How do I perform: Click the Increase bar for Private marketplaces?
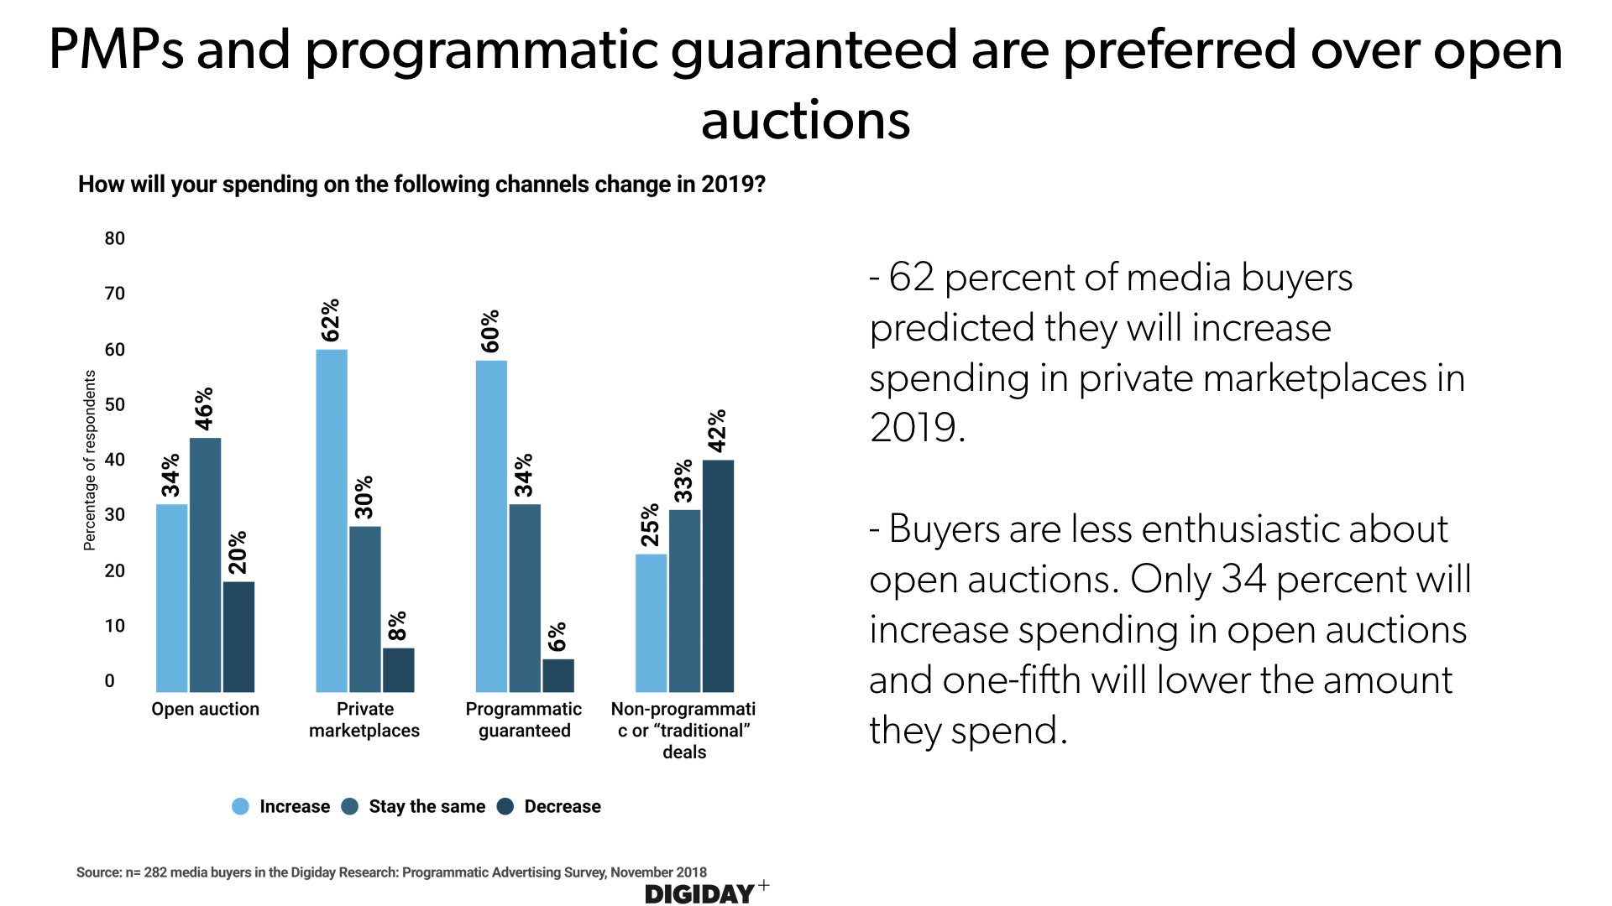(331, 520)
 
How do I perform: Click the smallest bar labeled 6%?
(558, 675)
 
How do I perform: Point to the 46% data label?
(204, 409)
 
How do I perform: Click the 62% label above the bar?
(331, 320)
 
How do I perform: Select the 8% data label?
(397, 626)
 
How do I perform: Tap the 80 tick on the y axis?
(114, 238)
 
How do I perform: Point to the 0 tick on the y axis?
(110, 681)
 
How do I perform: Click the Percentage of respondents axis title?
(90, 461)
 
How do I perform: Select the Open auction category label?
(205, 709)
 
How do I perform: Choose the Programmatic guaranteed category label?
(524, 720)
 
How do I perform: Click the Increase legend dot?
(241, 806)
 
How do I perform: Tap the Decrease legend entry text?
(563, 806)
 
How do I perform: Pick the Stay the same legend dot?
(350, 806)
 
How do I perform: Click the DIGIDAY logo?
(700, 894)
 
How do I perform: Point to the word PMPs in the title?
(116, 50)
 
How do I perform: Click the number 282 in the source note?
(155, 872)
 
